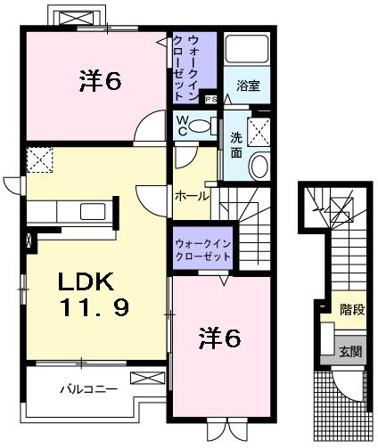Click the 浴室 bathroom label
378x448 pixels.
point(248,86)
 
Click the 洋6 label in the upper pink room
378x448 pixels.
point(99,82)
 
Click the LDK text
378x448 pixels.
point(85,282)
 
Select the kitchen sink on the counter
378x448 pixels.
point(93,212)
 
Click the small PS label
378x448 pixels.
point(211,99)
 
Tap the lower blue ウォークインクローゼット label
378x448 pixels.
point(202,248)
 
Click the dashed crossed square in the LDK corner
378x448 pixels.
point(40,160)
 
